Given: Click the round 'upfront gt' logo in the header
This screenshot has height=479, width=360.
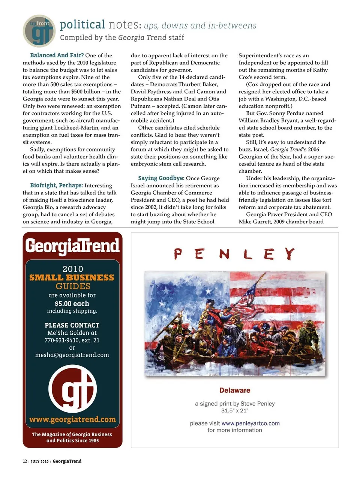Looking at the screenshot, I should click(x=39, y=31).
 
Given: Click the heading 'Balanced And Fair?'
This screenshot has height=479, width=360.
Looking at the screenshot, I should click(x=57, y=55).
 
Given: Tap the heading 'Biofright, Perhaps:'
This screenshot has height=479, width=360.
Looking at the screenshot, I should click(x=56, y=186).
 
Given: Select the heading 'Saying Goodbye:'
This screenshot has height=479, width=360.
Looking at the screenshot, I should click(x=161, y=178).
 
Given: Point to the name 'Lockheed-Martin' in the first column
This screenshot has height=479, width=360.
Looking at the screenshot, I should click(x=76, y=128).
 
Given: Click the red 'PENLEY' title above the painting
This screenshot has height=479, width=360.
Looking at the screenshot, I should click(x=234, y=254).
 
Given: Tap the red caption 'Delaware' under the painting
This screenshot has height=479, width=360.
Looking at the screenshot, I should click(x=235, y=391).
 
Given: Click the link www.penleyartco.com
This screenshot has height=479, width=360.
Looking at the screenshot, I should click(x=250, y=424).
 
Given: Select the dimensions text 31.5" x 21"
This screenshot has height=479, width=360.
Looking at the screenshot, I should click(x=235, y=411).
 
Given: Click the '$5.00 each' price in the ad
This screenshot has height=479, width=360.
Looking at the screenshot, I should click(x=72, y=304).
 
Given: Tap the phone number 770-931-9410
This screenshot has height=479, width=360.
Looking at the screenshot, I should click(x=62, y=340).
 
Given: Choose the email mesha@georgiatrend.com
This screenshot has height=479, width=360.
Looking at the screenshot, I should click(x=72, y=355).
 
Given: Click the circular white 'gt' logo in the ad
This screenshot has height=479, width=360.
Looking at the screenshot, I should click(x=72, y=389).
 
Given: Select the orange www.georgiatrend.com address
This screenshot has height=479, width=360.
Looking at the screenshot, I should click(x=72, y=419).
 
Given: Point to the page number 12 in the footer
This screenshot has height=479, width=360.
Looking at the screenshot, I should click(x=25, y=461).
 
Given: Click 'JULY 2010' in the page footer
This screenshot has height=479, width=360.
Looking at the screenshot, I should click(x=39, y=461).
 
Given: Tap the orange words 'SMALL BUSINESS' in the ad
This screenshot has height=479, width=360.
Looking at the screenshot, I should click(x=72, y=278).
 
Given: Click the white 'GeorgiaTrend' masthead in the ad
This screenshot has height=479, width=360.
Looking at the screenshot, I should click(x=72, y=246).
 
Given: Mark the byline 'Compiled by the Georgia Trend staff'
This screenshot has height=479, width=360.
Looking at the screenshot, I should click(x=122, y=37).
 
